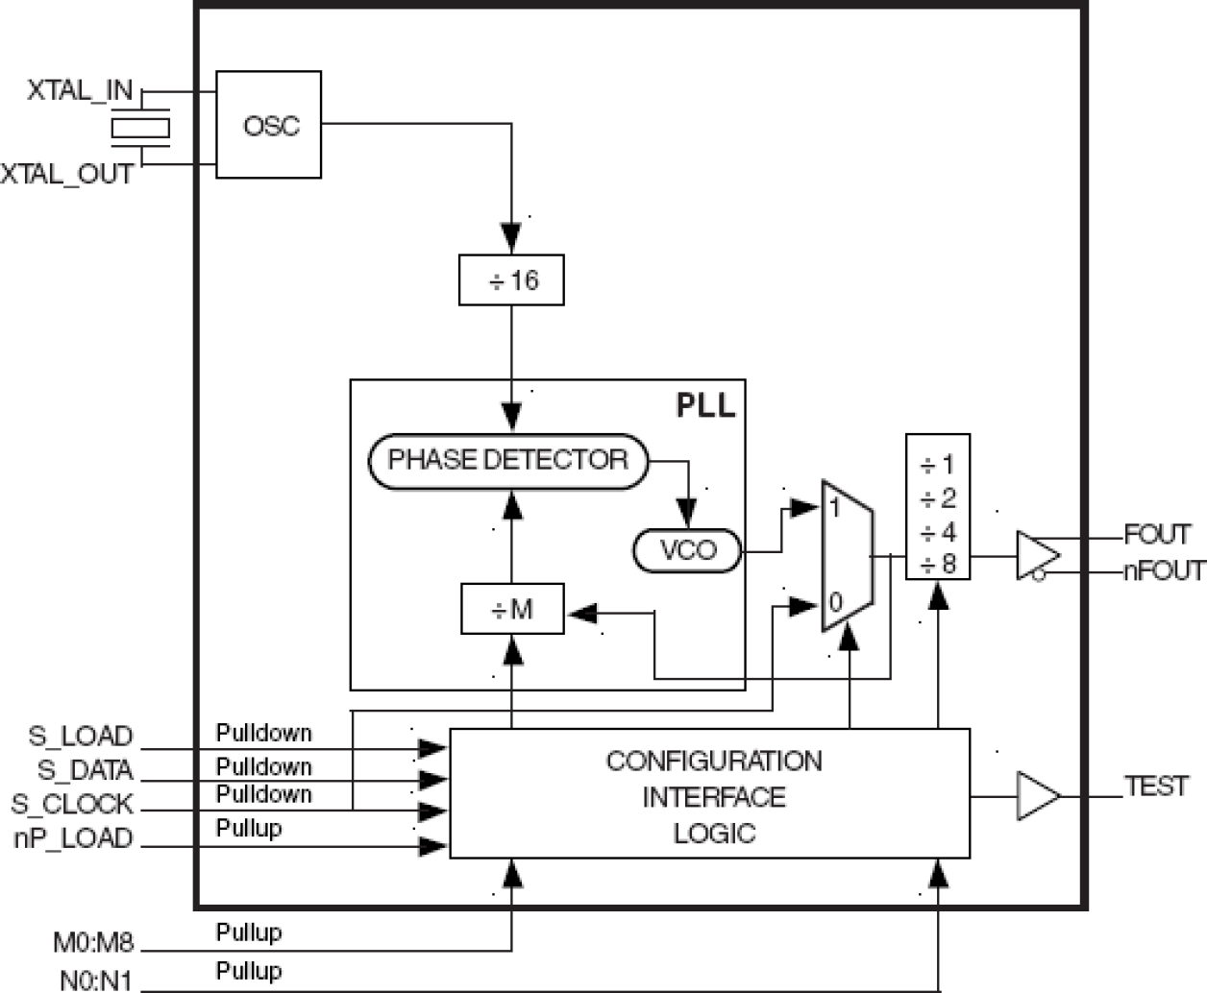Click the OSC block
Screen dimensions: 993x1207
coord(268,125)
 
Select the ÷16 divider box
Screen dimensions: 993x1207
coord(511,280)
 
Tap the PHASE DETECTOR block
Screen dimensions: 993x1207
coord(507,460)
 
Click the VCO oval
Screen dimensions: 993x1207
coord(687,550)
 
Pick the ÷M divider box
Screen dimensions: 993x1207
coord(512,610)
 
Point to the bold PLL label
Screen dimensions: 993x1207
coord(705,404)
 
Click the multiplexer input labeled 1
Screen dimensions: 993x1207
coord(835,507)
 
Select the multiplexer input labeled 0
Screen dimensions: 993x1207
coord(835,603)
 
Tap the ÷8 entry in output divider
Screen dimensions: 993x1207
coord(938,565)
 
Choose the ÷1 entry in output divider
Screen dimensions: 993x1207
coord(938,466)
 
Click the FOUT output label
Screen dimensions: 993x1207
coord(1157,534)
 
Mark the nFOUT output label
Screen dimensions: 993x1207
coord(1164,570)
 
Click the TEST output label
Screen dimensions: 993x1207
coord(1156,787)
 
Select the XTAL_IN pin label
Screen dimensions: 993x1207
coord(80,91)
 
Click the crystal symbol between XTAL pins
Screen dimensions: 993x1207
coord(140,129)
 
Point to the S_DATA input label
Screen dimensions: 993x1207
coord(85,770)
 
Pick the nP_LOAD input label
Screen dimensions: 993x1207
coord(73,838)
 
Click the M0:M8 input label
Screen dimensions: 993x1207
coord(92,942)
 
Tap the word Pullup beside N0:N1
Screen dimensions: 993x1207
coord(249,971)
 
